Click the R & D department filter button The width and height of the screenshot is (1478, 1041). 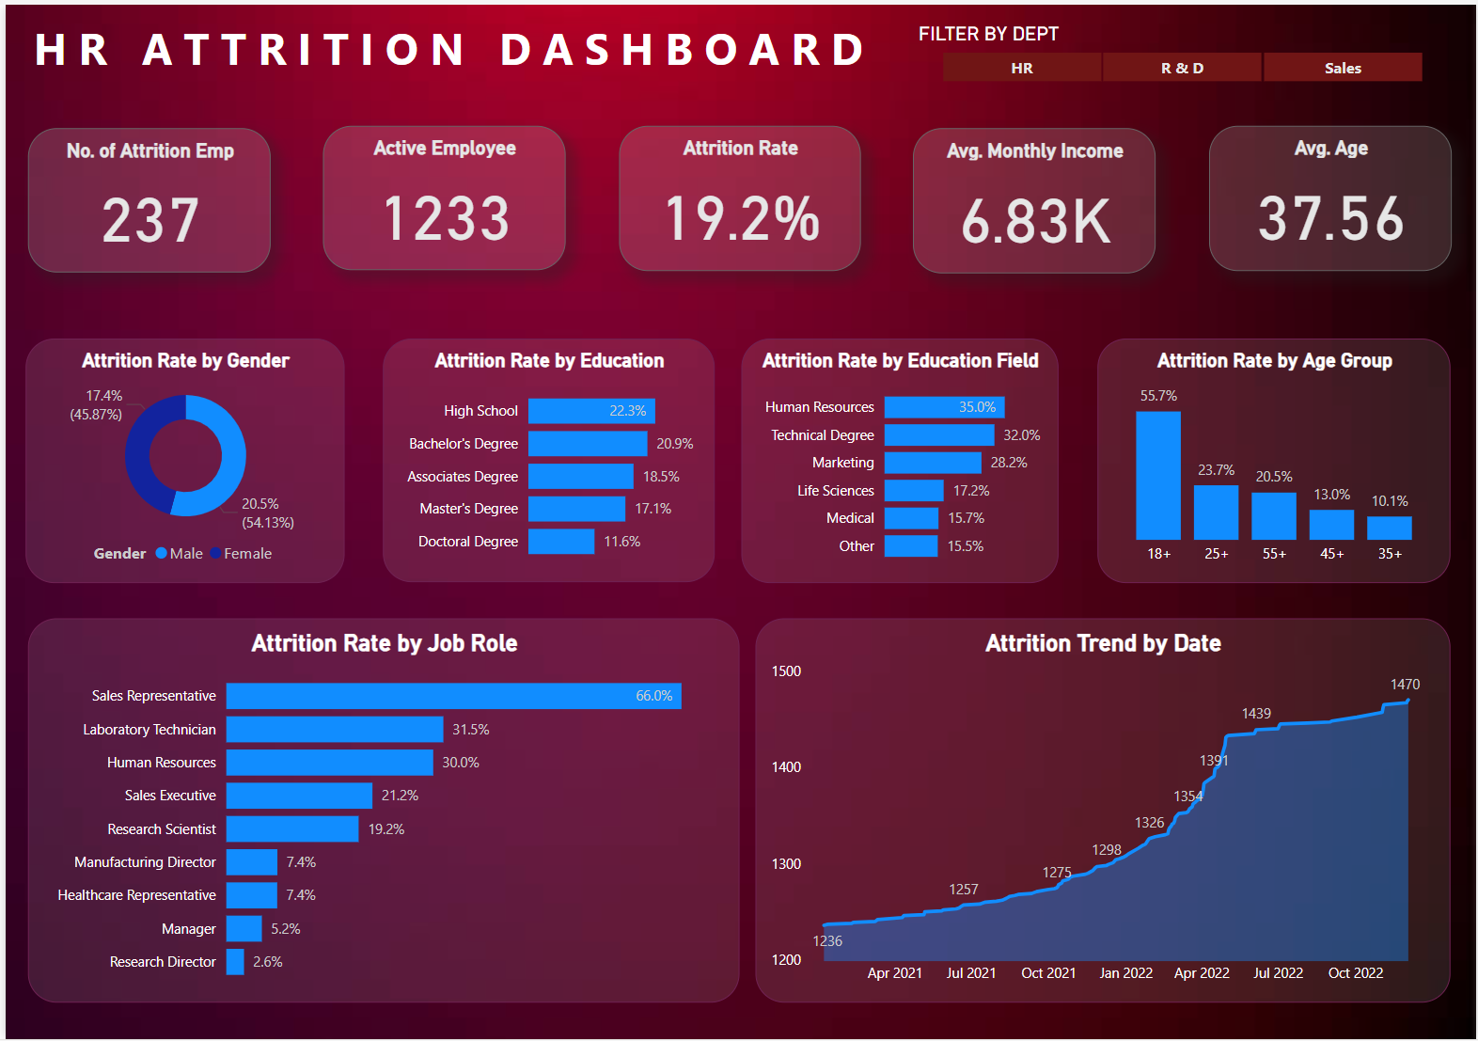click(x=1182, y=68)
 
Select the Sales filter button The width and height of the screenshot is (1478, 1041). click(x=1343, y=68)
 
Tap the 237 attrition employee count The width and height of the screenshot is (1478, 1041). click(x=150, y=220)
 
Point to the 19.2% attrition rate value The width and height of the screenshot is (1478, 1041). click(x=742, y=218)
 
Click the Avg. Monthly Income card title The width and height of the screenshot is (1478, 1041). click(x=1034, y=150)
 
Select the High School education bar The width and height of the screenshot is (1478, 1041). click(x=591, y=411)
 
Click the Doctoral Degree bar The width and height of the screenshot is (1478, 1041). click(x=560, y=542)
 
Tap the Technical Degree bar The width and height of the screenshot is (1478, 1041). click(x=938, y=435)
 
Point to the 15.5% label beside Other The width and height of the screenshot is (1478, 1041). click(x=965, y=546)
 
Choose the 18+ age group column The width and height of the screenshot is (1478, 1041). click(x=1157, y=475)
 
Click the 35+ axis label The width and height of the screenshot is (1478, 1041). click(x=1390, y=554)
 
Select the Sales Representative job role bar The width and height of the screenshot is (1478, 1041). click(x=453, y=696)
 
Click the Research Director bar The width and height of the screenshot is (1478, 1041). click(x=235, y=962)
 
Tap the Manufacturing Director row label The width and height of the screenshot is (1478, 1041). click(x=145, y=862)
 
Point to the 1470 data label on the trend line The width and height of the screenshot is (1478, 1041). click(x=1405, y=685)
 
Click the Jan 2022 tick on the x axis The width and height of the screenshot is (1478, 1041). click(x=1125, y=973)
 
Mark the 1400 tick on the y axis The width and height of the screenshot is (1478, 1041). click(x=786, y=767)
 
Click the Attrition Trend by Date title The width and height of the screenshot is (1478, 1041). click(x=1102, y=643)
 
